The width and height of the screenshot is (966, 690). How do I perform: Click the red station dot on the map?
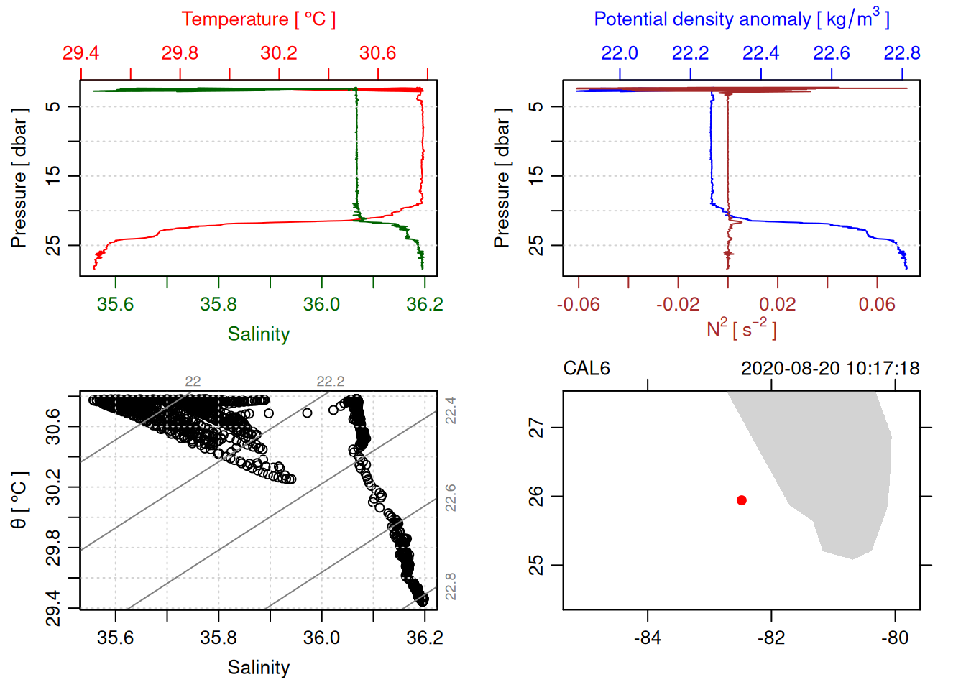click(x=741, y=500)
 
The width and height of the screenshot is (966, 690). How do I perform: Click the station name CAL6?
click(x=586, y=369)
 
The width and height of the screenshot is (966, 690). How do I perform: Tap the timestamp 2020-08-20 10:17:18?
click(x=829, y=369)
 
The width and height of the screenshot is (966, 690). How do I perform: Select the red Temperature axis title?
click(x=258, y=19)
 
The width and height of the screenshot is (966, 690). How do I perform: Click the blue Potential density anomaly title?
click(x=741, y=19)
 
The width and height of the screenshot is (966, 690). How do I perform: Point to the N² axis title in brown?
click(x=741, y=328)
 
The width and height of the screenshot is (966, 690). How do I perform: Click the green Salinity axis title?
click(x=258, y=334)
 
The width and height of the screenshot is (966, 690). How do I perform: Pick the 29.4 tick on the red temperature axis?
click(x=80, y=53)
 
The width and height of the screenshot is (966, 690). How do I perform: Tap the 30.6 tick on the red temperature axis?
click(x=377, y=53)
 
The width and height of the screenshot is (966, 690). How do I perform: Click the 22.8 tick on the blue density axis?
click(x=901, y=53)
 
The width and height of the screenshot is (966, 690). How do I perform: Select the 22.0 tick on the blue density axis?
click(x=619, y=53)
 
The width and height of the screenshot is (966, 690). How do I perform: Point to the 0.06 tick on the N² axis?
click(x=877, y=305)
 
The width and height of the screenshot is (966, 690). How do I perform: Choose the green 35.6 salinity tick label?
click(x=115, y=305)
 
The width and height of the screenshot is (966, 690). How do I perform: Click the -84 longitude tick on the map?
click(x=647, y=638)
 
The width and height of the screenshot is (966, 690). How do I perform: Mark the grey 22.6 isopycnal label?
click(x=451, y=497)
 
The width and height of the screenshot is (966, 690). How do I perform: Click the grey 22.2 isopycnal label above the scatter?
click(x=330, y=382)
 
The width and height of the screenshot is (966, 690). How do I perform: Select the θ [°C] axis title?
click(x=19, y=500)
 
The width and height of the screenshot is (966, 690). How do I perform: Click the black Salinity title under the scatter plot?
click(x=258, y=668)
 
